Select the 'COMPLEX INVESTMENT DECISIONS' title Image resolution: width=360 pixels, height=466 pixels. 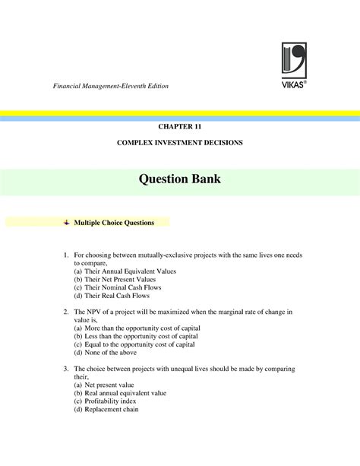(179, 143)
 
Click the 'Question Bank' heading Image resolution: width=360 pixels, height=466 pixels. (179, 180)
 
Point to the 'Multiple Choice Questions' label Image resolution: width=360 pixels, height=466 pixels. (114, 223)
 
